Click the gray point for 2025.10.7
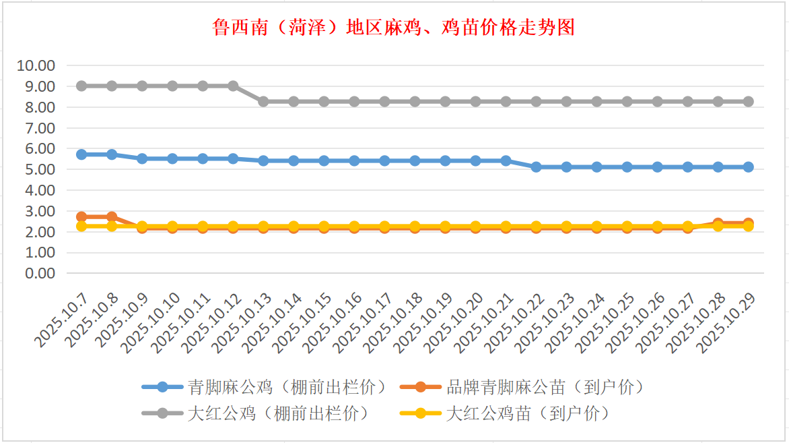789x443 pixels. click(81, 86)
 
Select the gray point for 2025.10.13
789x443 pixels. click(263, 101)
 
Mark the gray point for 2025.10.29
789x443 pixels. click(748, 101)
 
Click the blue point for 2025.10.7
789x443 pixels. click(81, 154)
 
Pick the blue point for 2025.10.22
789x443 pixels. click(536, 167)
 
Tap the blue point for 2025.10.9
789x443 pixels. click(142, 158)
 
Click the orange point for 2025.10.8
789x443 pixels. click(112, 217)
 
